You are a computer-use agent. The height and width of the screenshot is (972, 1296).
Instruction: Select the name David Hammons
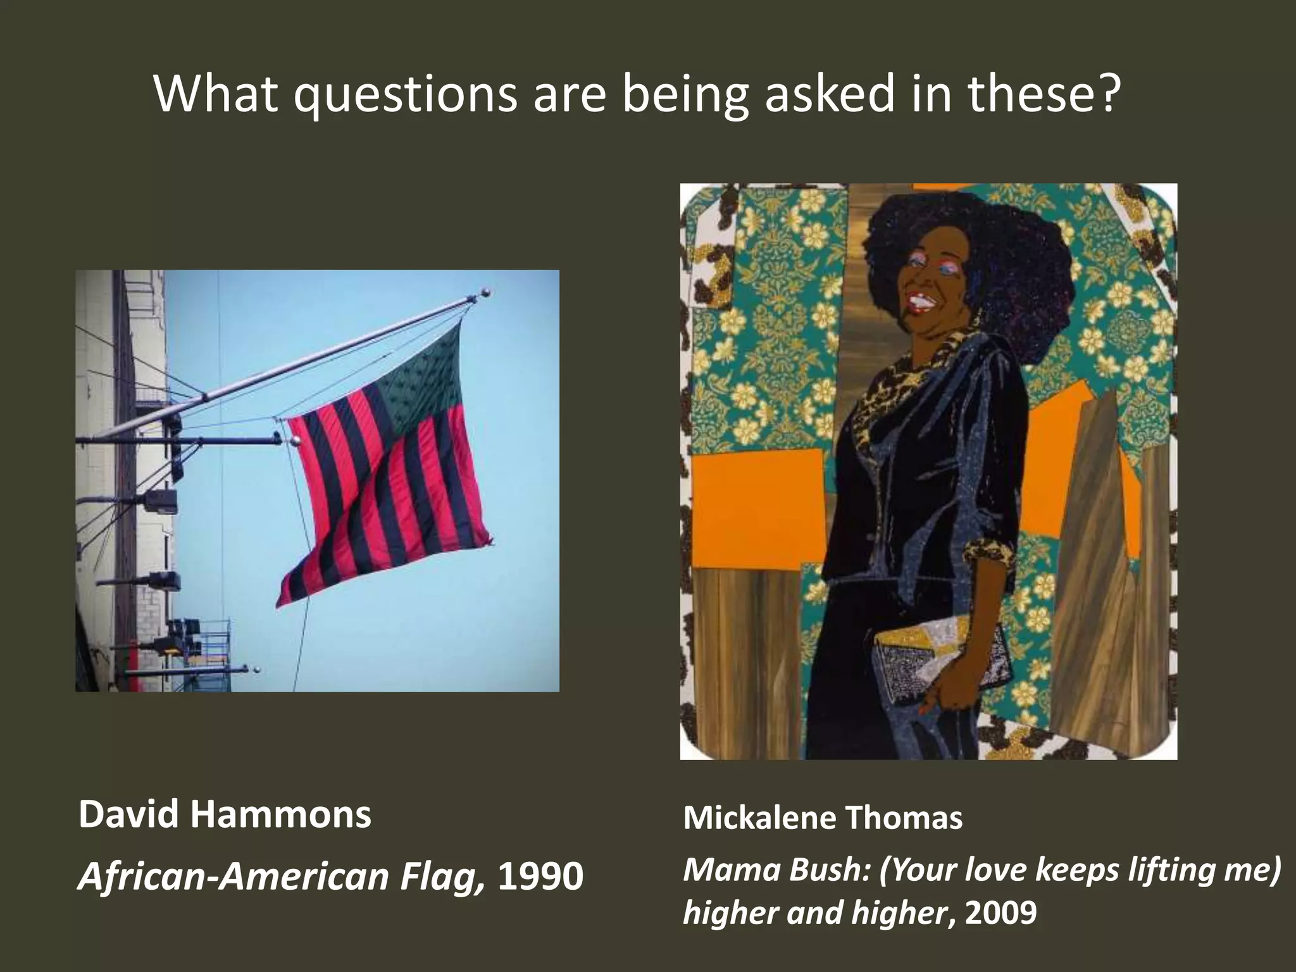point(225,815)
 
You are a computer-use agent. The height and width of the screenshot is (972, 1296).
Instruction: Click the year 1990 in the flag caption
point(540,876)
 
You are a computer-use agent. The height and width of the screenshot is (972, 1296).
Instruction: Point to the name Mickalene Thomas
point(822,818)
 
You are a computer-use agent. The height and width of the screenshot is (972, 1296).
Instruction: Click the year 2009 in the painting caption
point(1001,913)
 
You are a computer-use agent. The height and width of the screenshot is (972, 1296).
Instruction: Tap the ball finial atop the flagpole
point(486,293)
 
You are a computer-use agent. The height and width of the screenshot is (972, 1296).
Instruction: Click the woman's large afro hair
point(968,234)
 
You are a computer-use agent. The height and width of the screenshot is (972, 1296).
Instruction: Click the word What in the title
point(215,95)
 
